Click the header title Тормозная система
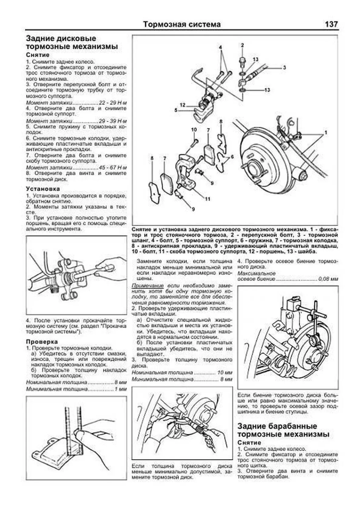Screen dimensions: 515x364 coord(182,24)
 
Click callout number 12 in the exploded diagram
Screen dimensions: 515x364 coord(182,105)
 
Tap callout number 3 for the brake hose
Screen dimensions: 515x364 coord(284,68)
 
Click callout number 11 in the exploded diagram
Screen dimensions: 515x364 coord(207,199)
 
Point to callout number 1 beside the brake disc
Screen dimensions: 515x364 coord(326,133)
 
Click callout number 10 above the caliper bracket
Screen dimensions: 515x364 coord(194,130)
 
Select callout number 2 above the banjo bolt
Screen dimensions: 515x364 coord(242,46)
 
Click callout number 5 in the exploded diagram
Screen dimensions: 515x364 coord(176,110)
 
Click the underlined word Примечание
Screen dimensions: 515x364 coord(147,286)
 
